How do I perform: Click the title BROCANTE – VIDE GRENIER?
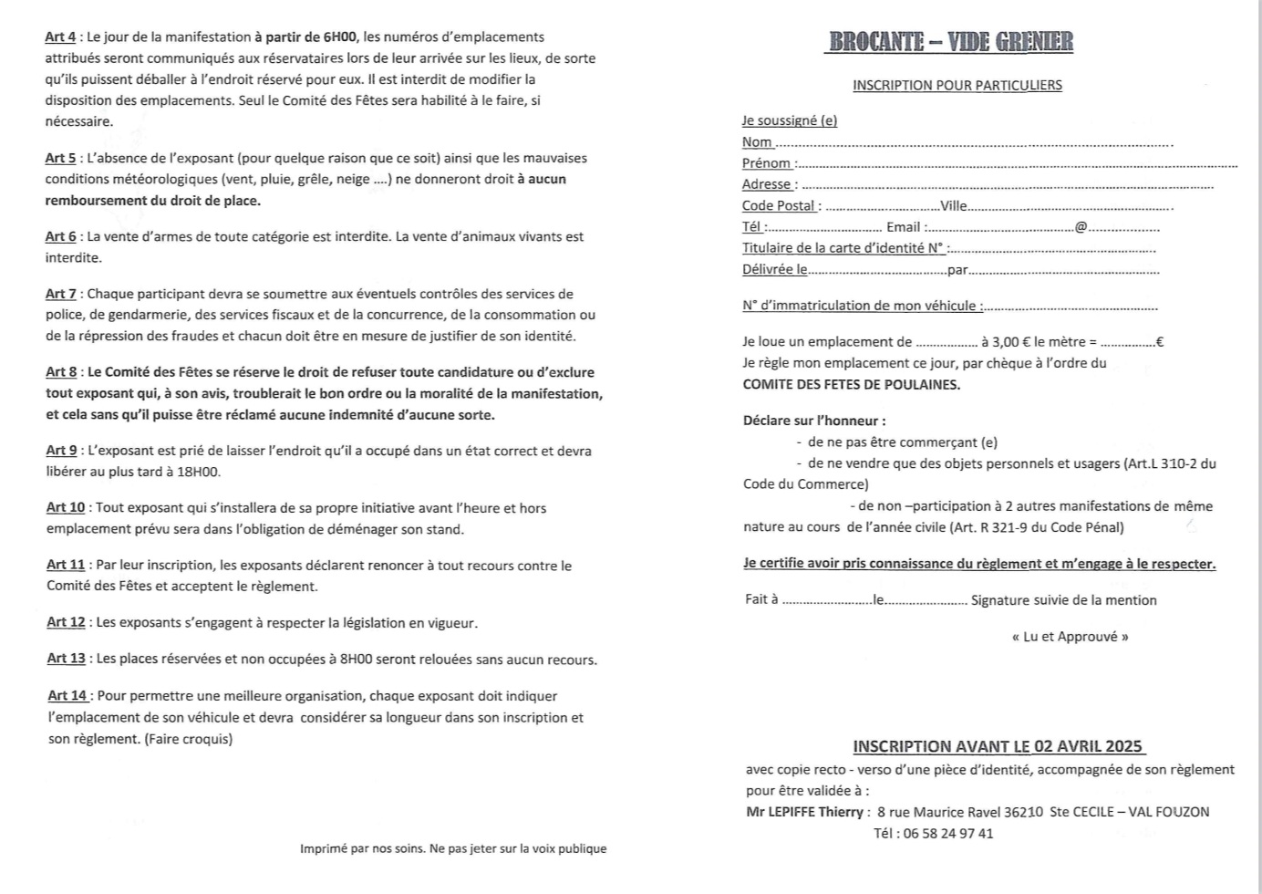coord(951,43)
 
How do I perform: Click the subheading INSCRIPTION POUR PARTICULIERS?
coord(957,86)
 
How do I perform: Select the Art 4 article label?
coord(60,37)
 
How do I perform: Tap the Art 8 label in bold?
coord(61,372)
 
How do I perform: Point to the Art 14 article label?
coord(67,696)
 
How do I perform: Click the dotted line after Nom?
coord(972,143)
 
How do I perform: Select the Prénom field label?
coord(767,163)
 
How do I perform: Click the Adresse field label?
coord(767,184)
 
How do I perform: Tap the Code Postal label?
coord(779,206)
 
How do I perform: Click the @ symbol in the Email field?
coord(1081,227)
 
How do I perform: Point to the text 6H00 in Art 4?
coord(339,37)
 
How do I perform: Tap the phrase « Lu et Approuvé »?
coord(1070,637)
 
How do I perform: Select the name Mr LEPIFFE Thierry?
coord(803,812)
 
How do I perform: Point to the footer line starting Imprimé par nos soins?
coord(453,848)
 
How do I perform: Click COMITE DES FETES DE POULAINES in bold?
coord(851,385)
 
